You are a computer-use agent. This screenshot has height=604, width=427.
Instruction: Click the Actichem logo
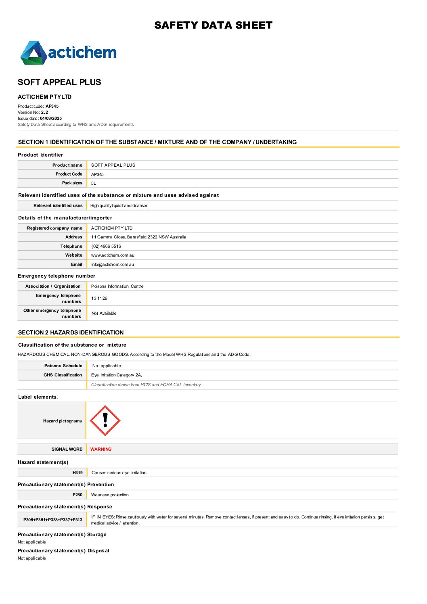point(69,52)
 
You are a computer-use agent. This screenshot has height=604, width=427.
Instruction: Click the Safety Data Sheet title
point(213,25)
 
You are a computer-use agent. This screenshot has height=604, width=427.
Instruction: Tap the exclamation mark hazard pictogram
point(105,420)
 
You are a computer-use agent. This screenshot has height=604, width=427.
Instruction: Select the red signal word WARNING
point(101,449)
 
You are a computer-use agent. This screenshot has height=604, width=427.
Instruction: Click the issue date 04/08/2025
point(51,119)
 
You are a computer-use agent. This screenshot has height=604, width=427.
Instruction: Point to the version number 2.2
point(44,113)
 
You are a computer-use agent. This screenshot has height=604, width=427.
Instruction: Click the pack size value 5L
point(94,183)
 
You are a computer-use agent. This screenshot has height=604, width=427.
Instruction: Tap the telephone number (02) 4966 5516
point(106,246)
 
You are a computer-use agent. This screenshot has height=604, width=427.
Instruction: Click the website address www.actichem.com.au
point(113,255)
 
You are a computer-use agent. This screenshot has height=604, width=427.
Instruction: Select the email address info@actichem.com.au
point(113,265)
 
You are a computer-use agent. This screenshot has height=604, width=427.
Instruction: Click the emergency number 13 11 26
point(99,299)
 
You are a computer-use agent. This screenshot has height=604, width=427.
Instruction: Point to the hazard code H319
point(77,472)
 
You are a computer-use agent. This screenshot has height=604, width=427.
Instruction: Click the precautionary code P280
point(77,495)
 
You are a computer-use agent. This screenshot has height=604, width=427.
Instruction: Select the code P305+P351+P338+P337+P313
point(52,520)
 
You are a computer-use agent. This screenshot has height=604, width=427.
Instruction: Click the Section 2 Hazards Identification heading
point(71,332)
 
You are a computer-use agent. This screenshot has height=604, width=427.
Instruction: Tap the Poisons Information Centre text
point(117,286)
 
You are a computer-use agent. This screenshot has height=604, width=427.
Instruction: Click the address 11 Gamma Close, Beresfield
point(138,237)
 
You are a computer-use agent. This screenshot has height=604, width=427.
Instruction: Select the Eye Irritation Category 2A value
point(116,375)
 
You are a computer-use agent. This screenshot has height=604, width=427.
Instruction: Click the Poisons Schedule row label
point(63,366)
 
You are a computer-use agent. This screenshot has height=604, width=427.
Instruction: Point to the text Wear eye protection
point(111,495)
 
